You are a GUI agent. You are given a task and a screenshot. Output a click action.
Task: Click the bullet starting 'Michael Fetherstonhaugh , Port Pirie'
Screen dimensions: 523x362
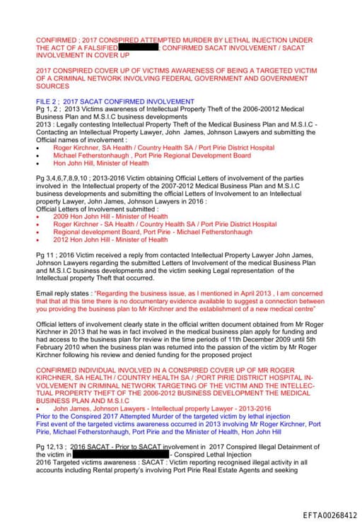pos(151,155)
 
